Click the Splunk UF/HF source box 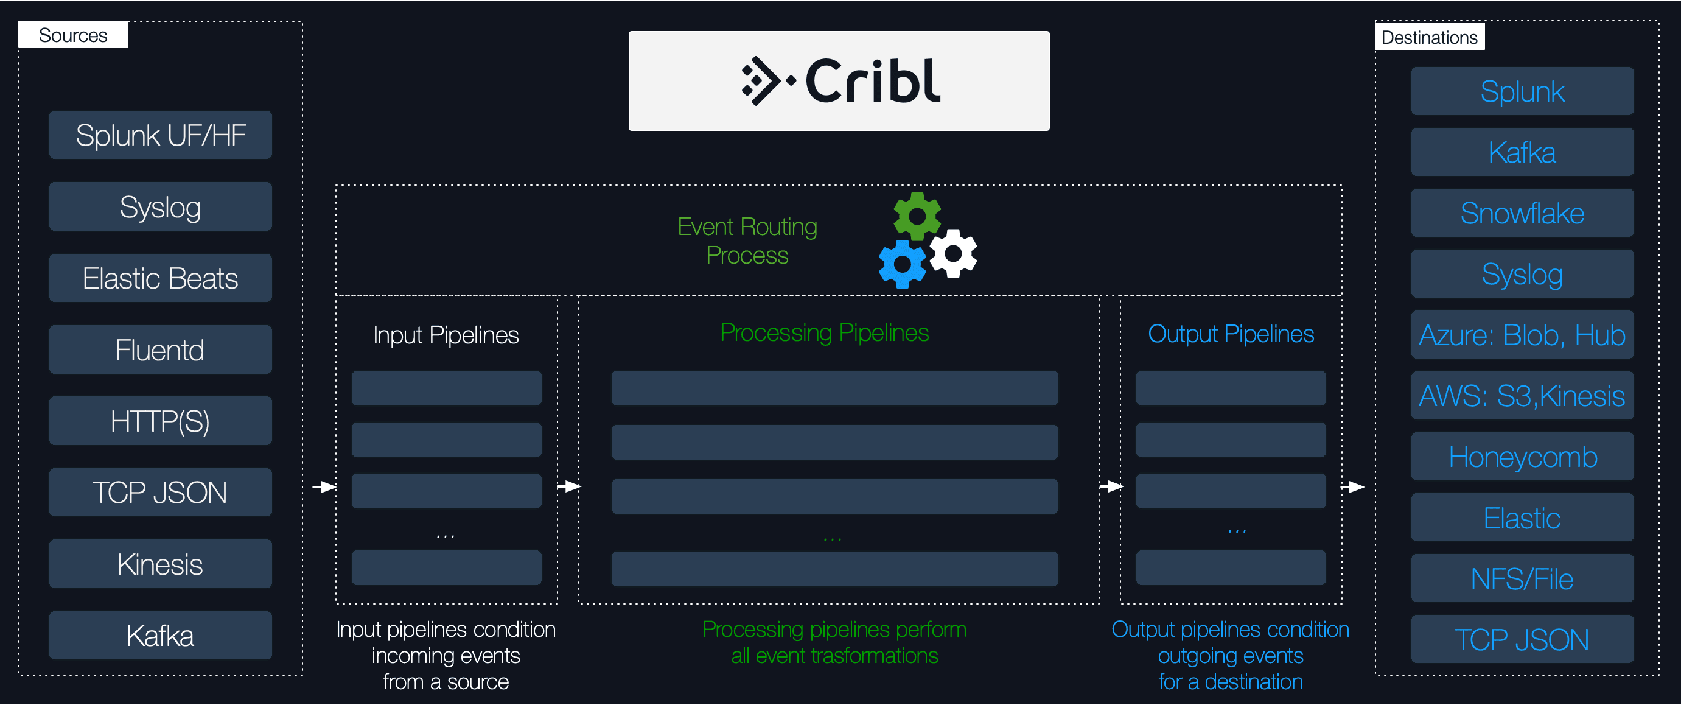160,135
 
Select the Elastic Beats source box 160,278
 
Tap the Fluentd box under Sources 160,350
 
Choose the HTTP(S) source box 160,421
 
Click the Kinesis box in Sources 160,564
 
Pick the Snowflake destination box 1522,214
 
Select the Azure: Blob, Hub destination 1522,335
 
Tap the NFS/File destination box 1522,579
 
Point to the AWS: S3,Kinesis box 1522,396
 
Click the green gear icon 917,216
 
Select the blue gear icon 903,264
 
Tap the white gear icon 953,253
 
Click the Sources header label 73,35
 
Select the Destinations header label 1429,37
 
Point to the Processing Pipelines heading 824,333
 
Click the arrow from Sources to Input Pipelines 324,487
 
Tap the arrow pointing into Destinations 1353,487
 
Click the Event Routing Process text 747,241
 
